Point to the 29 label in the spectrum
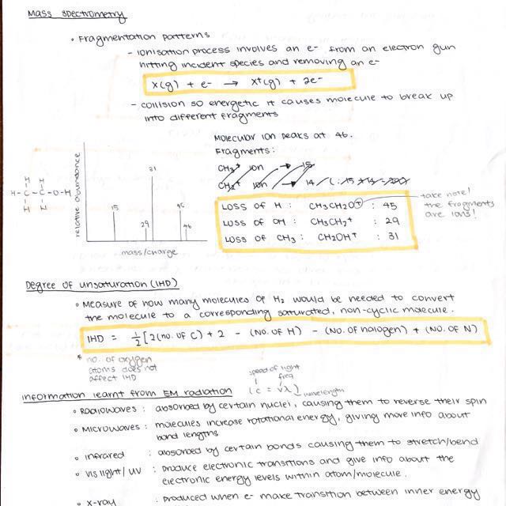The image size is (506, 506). pyautogui.click(x=145, y=225)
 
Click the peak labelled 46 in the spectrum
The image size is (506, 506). pyautogui.click(x=187, y=235)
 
